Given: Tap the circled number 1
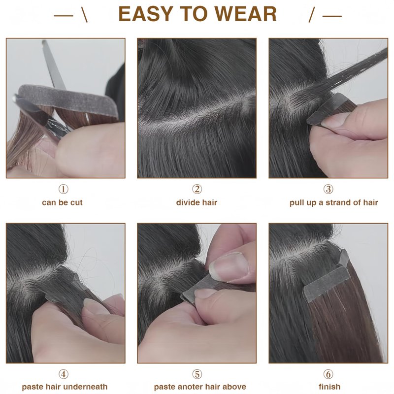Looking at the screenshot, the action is [64, 189].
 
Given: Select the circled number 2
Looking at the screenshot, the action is [197, 189].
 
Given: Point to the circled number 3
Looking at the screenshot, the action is [328, 189].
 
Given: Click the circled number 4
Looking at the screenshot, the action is [64, 374].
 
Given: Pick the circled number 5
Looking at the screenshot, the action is [197, 374].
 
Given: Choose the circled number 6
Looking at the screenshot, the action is [328, 374].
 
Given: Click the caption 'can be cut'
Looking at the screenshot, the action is [63, 202].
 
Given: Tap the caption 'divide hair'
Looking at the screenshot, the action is [197, 202].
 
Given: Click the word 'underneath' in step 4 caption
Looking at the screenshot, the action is [87, 387].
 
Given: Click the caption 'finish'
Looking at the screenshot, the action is [329, 387].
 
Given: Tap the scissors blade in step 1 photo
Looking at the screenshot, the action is [53, 66].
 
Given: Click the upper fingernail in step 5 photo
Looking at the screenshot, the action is [228, 267].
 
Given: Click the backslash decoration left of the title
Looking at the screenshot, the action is [85, 15].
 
